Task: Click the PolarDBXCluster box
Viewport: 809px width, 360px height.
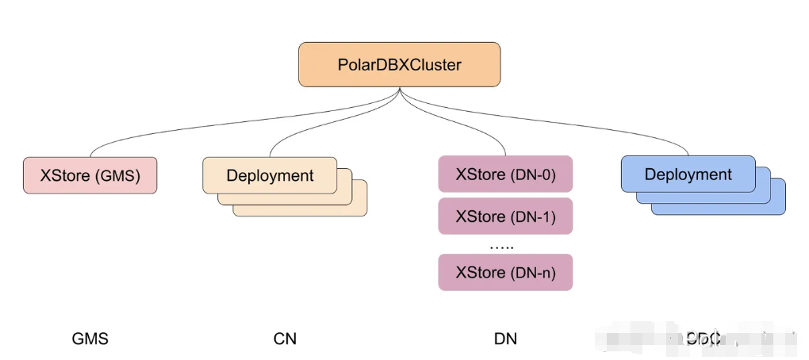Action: tap(399, 64)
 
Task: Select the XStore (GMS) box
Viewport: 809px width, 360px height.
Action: tap(89, 176)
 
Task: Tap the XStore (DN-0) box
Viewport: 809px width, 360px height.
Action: tap(505, 174)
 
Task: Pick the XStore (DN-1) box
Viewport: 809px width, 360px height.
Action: tap(505, 216)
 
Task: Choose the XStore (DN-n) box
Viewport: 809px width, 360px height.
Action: tap(505, 272)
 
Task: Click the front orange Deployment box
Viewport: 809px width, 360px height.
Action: tap(270, 175)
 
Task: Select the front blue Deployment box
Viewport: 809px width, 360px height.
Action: tap(688, 174)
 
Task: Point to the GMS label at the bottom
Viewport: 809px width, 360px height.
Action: tap(90, 339)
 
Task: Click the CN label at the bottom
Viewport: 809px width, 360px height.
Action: tap(285, 339)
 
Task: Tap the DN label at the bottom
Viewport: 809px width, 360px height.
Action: tap(505, 339)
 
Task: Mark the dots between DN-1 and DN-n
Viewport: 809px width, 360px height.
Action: tap(501, 246)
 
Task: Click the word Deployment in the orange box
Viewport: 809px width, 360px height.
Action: tap(270, 175)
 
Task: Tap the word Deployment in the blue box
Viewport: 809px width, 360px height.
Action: tap(688, 174)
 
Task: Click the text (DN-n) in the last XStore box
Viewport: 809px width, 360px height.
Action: tap(532, 272)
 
